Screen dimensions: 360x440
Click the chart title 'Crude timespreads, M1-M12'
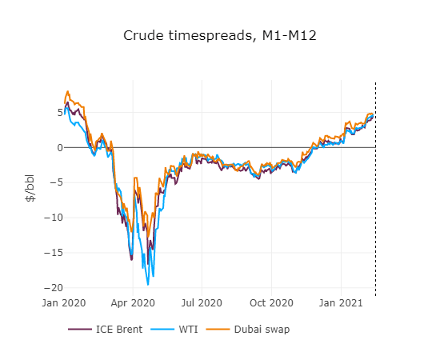coord(220,37)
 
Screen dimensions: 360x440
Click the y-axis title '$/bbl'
coord(30,188)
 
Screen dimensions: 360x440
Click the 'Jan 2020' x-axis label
coord(63,304)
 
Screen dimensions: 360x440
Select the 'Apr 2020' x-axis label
coord(132,304)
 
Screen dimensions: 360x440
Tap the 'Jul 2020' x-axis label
coord(202,304)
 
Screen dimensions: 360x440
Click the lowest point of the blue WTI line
coord(148,284)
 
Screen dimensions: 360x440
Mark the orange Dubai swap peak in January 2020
coord(68,91)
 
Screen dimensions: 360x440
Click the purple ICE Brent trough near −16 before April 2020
coord(131,259)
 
